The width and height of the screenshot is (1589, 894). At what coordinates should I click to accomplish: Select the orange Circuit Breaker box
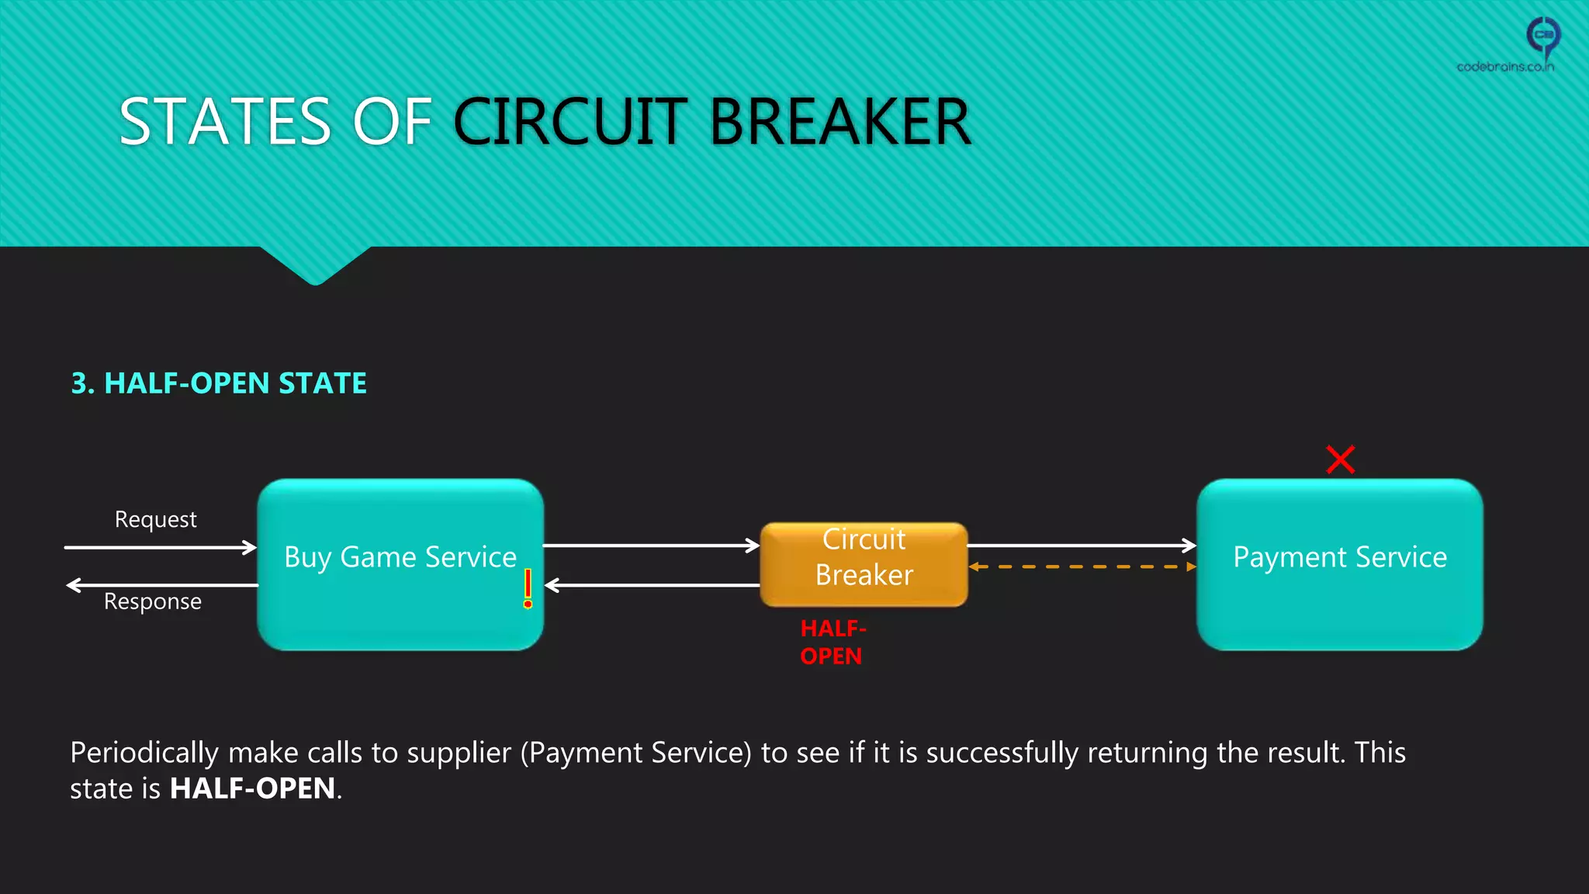click(x=864, y=564)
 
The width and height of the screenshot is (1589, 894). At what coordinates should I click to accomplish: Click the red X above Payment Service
click(x=1340, y=459)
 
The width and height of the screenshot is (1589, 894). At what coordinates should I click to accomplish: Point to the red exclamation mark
click(x=528, y=588)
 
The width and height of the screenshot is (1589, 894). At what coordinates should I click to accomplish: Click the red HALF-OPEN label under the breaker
click(x=832, y=642)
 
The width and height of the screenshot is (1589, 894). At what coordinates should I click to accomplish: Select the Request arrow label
click(x=155, y=519)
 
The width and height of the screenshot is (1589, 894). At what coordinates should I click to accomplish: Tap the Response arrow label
click(x=153, y=601)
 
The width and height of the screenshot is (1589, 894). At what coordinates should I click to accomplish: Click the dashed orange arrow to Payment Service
click(x=1082, y=567)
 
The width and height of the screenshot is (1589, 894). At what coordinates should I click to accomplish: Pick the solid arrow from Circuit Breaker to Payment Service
click(x=1082, y=546)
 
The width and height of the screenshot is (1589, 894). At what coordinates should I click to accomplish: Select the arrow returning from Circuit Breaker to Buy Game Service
click(x=652, y=585)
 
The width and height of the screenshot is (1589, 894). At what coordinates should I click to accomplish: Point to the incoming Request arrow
click(x=159, y=547)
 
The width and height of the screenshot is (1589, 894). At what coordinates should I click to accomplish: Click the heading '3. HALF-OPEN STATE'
click(x=219, y=383)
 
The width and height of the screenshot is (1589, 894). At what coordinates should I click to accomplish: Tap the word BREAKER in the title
click(x=840, y=122)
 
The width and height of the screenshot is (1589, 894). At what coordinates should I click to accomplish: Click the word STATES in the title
click(x=225, y=122)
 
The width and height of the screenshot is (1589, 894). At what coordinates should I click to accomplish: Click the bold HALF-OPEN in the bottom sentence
click(x=252, y=788)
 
